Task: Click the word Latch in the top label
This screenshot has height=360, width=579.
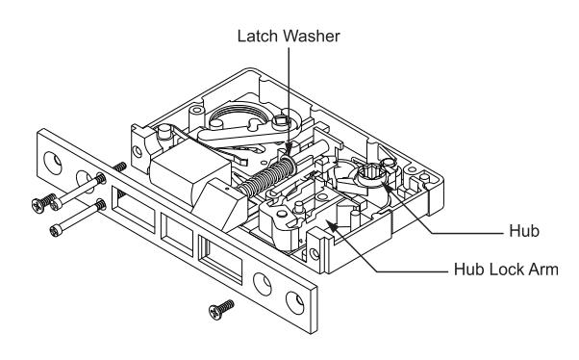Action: point(259,37)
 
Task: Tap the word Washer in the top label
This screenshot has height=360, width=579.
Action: point(313,37)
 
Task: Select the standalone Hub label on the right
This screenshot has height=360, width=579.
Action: point(524,231)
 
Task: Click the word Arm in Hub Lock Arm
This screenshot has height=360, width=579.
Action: point(543,270)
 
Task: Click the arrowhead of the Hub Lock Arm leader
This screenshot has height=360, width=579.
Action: point(331,226)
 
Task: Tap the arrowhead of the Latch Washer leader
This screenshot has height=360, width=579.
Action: point(289,153)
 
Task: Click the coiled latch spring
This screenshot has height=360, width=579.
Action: point(265,178)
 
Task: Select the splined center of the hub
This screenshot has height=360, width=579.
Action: point(370,171)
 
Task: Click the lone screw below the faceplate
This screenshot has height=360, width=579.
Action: point(221,310)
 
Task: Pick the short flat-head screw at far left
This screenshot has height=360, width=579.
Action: point(43,202)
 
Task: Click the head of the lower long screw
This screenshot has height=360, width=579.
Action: point(56,231)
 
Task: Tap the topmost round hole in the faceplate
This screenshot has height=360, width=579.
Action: point(53,163)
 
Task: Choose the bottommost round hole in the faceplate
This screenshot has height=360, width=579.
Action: point(295,303)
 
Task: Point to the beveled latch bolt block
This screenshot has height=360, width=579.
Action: point(220,205)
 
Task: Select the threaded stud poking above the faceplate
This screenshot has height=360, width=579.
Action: point(119,167)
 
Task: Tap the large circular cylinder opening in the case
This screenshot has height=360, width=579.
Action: point(237,116)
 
